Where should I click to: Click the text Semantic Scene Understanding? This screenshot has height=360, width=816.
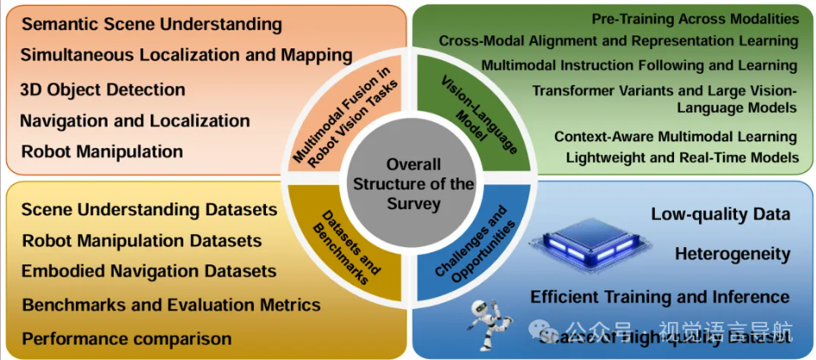tap(151, 24)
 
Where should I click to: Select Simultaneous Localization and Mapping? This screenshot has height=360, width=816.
tap(186, 55)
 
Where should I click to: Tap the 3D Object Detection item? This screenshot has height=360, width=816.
tap(102, 89)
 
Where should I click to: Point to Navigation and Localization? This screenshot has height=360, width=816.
tap(134, 121)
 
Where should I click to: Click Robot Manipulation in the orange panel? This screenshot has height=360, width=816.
tap(102, 152)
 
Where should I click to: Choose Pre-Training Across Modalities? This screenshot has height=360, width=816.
tap(695, 18)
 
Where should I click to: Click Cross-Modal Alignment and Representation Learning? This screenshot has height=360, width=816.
tap(618, 40)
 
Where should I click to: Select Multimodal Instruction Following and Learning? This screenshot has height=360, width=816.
tap(639, 65)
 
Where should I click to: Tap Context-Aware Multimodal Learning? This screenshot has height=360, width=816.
tap(675, 136)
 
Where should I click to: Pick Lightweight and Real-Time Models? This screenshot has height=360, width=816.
tap(682, 158)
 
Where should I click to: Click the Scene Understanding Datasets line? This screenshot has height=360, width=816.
tap(149, 209)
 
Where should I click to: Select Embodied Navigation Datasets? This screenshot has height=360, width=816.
tap(149, 271)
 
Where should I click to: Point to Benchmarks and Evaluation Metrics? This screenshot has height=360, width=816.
tap(170, 305)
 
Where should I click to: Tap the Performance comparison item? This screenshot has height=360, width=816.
tap(127, 338)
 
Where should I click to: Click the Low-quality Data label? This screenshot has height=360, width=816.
tap(720, 214)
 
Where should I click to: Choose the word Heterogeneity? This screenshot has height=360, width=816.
tap(733, 254)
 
